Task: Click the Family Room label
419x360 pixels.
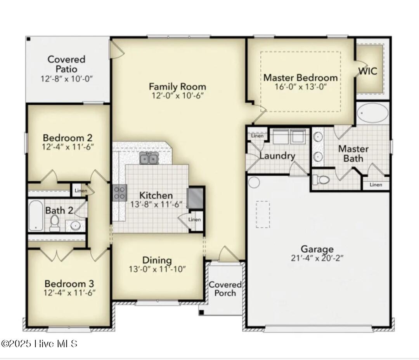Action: [x=177, y=86]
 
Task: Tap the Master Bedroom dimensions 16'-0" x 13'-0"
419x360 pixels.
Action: [x=301, y=87]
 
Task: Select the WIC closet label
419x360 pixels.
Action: [x=367, y=71]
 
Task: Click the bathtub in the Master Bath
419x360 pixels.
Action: [x=372, y=113]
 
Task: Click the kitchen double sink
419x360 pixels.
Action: [x=149, y=158]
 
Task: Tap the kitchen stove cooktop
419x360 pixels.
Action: [x=119, y=192]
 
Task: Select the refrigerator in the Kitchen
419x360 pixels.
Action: [x=195, y=198]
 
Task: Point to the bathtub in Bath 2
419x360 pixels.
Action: [x=36, y=215]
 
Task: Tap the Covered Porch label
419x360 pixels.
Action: [x=225, y=289]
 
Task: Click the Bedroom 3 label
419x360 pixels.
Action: [x=69, y=284]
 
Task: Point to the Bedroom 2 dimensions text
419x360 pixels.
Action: [x=68, y=147]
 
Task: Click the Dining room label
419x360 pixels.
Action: [x=157, y=260]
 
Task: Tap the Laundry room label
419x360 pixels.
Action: [x=277, y=156]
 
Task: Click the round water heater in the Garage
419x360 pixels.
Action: [x=254, y=182]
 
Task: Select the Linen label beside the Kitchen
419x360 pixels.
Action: [x=194, y=220]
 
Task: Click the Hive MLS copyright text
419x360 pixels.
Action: [x=39, y=344]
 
